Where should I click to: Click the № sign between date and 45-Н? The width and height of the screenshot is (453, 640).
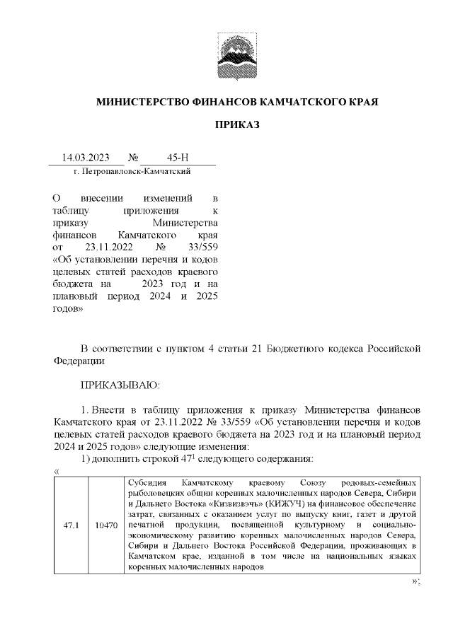(133, 158)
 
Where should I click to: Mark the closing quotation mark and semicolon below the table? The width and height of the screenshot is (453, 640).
(416, 582)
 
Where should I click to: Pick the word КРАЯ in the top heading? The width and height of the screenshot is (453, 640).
(362, 102)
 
